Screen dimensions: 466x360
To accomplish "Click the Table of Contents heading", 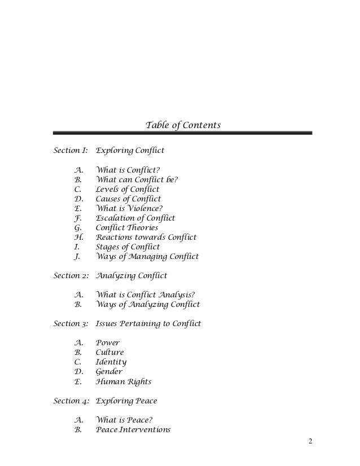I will coord(183,124).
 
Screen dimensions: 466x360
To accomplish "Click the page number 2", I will coord(309,441).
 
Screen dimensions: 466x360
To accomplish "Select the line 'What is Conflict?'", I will coord(128,170).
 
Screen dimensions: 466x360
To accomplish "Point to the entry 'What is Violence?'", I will coord(129,208).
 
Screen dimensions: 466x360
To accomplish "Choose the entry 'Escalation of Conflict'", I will coord(135,218).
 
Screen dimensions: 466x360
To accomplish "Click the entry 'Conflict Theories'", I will coord(127,228).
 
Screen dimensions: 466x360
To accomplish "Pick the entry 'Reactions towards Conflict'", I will coord(146,238).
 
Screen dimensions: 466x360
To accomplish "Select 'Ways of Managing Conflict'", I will coord(147,257).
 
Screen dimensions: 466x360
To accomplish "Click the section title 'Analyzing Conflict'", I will coord(131,276).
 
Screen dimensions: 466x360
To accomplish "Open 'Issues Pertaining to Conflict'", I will coord(148,324).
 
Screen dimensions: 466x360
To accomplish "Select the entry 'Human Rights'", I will coord(124,381).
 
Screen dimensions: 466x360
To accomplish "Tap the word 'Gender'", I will coord(110,372).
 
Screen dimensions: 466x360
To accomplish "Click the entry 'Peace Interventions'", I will coord(133,429).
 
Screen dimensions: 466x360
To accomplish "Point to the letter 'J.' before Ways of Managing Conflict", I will coord(76,257).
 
